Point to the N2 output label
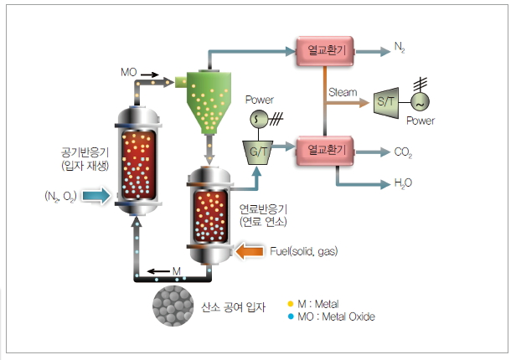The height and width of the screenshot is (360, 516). point(399,52)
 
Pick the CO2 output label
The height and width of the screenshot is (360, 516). point(401,152)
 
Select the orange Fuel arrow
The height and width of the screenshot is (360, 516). point(250,250)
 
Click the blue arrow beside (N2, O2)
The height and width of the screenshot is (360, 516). point(97,196)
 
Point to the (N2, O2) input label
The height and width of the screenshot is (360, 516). point(60,196)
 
